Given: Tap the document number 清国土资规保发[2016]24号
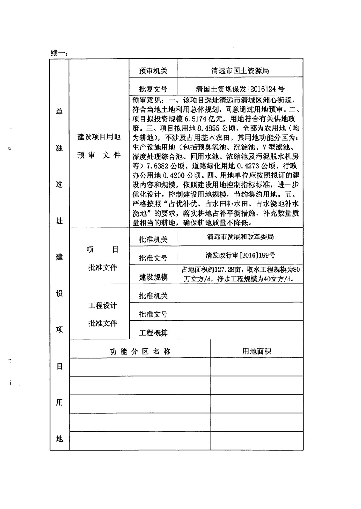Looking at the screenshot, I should [x=240, y=89].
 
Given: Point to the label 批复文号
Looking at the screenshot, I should [x=153, y=89].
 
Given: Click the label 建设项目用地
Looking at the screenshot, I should [x=99, y=137].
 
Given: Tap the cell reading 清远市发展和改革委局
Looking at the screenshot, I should [x=240, y=236].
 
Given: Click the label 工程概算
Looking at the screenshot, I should [x=153, y=333].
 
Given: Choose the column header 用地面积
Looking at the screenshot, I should [x=257, y=351].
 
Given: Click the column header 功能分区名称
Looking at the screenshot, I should [x=140, y=351].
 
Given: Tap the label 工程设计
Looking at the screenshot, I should [x=102, y=306].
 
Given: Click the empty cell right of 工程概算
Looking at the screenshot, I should [x=240, y=331].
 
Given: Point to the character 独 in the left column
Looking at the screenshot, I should [x=59, y=148].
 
